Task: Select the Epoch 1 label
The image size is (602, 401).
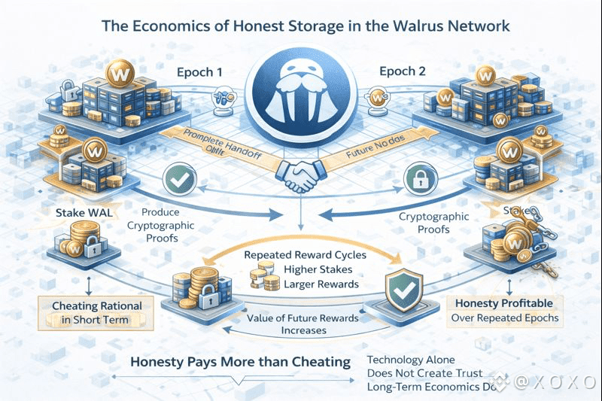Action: tap(201, 74)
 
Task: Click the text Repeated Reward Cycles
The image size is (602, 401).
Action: tap(306, 255)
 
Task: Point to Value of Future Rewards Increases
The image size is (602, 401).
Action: tap(301, 324)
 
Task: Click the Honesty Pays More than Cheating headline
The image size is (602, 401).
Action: tap(240, 362)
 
